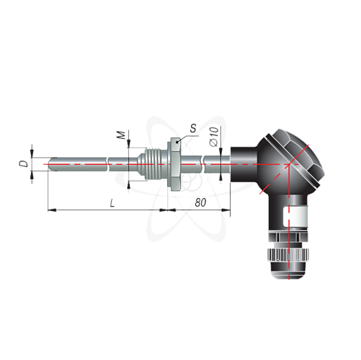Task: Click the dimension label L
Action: (x=112, y=204)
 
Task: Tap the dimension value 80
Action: (x=200, y=203)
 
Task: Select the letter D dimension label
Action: (x=24, y=164)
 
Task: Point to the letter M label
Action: (x=122, y=135)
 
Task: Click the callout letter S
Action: (x=193, y=128)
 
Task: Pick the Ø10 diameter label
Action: (x=214, y=136)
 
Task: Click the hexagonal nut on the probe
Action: (x=175, y=164)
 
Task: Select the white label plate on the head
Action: (x=295, y=216)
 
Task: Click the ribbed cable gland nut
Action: (x=289, y=255)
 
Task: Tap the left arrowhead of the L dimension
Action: (x=52, y=210)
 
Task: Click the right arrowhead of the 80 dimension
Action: (x=226, y=210)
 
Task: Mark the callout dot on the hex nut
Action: (x=177, y=143)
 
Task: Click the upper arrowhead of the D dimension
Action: (x=32, y=153)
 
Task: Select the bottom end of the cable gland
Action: (x=289, y=279)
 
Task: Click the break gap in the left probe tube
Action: (x=107, y=164)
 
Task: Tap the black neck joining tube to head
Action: (x=244, y=164)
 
